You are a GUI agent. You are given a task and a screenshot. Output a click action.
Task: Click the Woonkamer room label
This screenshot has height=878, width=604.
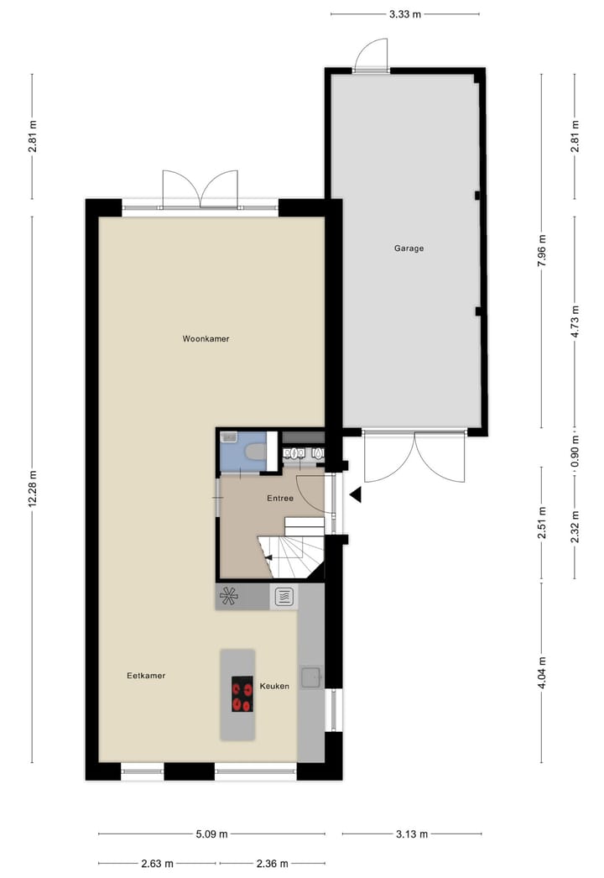(206, 339)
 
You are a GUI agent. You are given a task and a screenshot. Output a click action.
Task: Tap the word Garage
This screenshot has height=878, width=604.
(409, 248)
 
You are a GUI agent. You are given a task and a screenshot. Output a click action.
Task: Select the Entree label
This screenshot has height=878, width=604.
(280, 499)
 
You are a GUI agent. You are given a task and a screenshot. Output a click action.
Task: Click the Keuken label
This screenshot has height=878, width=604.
(274, 686)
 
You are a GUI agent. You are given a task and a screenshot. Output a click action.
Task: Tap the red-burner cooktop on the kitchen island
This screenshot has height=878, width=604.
(242, 694)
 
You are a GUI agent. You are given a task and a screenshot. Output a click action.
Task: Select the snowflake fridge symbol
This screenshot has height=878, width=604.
(229, 597)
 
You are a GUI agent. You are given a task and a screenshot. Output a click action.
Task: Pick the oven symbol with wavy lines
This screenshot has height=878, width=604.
(284, 597)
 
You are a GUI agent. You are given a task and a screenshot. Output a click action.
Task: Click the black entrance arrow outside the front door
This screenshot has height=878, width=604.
(356, 495)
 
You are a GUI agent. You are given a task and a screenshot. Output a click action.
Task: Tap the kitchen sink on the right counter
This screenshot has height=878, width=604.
(312, 674)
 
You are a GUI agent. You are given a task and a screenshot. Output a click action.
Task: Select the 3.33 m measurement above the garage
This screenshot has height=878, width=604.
(405, 13)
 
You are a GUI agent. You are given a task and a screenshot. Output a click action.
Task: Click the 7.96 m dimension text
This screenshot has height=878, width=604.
(542, 250)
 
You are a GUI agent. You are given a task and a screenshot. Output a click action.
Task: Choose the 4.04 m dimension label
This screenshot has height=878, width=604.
(542, 672)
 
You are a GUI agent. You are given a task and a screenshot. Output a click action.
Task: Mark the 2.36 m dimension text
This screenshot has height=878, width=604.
(271, 863)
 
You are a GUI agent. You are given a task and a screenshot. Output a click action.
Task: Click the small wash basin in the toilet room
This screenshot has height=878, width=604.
(229, 438)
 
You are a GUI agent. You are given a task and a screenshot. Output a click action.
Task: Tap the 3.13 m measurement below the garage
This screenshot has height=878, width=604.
(412, 834)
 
